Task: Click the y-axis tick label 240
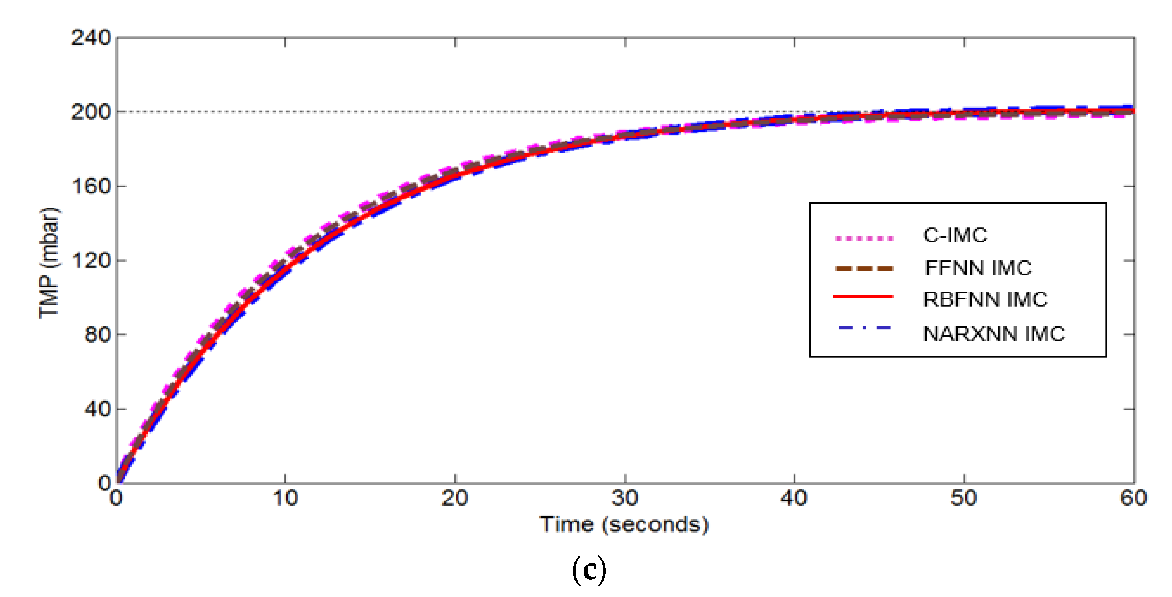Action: [x=91, y=38]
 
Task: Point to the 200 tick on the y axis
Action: [x=91, y=112]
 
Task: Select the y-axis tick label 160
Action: [x=91, y=186]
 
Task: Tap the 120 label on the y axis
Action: [x=91, y=260]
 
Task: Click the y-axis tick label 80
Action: [x=97, y=335]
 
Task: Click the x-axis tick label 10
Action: [x=285, y=498]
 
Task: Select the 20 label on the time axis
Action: [x=455, y=498]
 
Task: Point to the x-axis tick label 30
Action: [x=625, y=498]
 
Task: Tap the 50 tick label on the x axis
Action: [x=964, y=498]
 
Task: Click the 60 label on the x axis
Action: [x=1133, y=498]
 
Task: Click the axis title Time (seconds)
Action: [x=624, y=525]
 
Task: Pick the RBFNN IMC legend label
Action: [x=985, y=300]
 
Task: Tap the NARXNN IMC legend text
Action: [x=994, y=334]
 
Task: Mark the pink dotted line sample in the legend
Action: [x=864, y=238]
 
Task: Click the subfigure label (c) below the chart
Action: [x=589, y=570]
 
